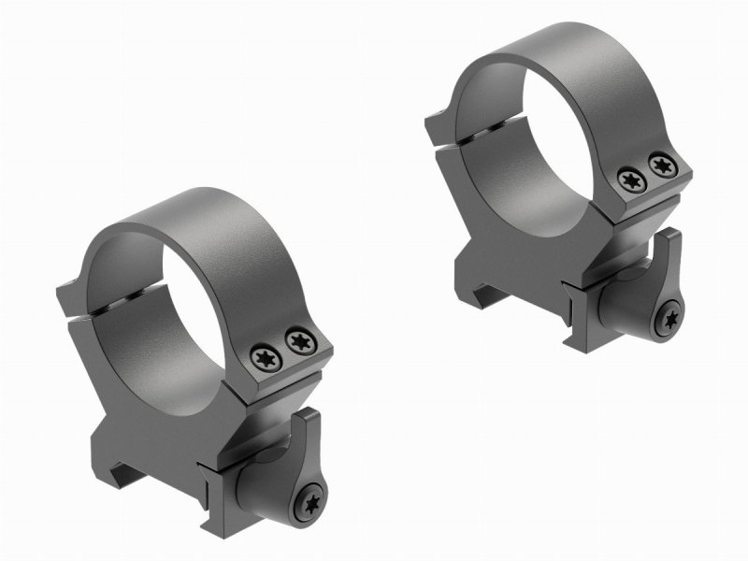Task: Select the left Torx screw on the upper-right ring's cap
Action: [629, 177]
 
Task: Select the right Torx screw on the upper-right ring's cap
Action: [663, 166]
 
